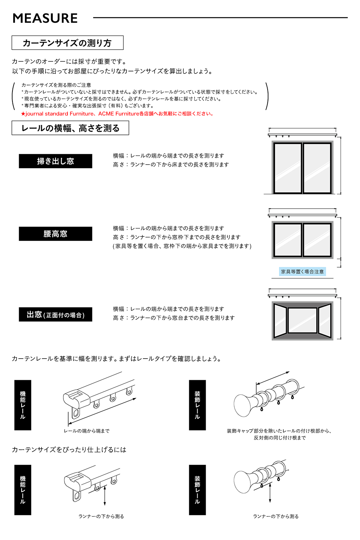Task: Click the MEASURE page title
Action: click(45, 18)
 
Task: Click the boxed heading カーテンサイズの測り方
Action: click(67, 43)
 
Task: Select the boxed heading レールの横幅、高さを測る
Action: click(70, 128)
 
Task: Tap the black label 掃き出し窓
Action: click(55, 161)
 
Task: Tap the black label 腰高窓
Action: click(55, 234)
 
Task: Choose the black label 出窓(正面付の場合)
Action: click(55, 314)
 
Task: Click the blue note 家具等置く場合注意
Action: click(302, 272)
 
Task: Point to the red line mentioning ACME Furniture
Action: click(117, 114)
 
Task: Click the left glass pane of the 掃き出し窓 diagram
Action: click(288, 168)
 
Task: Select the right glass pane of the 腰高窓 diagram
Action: click(317, 240)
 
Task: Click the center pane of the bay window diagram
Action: click(302, 320)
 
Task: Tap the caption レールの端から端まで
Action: click(87, 431)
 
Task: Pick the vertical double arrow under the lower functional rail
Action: click(104, 495)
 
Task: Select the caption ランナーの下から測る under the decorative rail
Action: click(276, 516)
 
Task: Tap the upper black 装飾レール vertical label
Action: click(197, 405)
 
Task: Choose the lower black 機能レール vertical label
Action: click(23, 490)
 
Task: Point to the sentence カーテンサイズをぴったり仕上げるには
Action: click(69, 449)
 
